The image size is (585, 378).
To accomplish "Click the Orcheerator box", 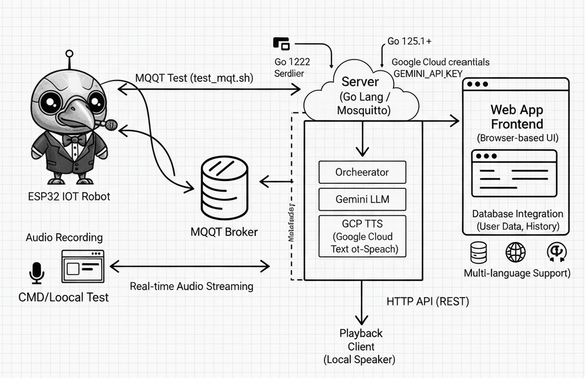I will click(x=362, y=172).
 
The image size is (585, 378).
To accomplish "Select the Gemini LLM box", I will click(x=362, y=200).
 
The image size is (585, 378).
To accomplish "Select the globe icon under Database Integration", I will click(x=515, y=251).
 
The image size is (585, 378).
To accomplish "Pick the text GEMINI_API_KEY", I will click(x=428, y=73).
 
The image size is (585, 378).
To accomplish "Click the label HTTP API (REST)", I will click(x=427, y=301).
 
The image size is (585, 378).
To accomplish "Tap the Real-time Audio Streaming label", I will click(x=191, y=286).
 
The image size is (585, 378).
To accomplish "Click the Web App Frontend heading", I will click(x=516, y=116).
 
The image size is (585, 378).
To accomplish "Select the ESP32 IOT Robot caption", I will click(x=69, y=196).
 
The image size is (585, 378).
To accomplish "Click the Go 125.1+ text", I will click(x=410, y=41).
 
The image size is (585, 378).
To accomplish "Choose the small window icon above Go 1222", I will click(x=282, y=43).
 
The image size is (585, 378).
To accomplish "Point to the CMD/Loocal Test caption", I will click(x=63, y=297).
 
